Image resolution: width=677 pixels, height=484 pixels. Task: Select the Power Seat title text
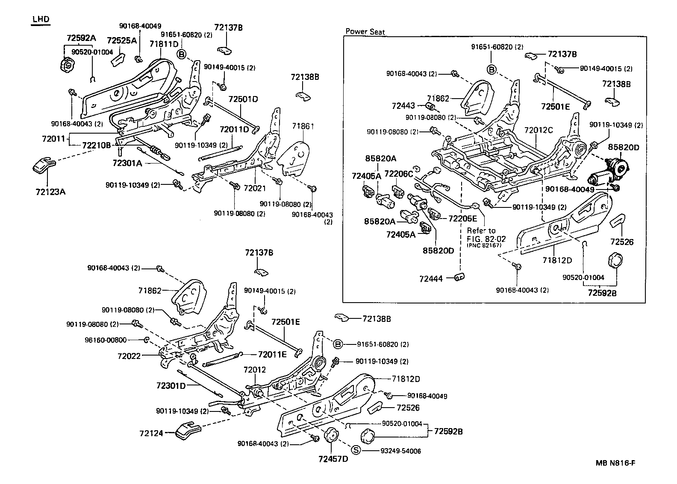[x=365, y=32]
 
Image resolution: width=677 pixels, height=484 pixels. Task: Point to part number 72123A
[x=50, y=192]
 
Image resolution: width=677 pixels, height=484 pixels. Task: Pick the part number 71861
[x=303, y=126]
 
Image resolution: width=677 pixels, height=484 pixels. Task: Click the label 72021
[x=255, y=188]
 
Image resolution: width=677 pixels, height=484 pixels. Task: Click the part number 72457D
[x=333, y=459]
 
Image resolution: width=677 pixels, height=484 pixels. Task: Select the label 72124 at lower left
[x=151, y=434]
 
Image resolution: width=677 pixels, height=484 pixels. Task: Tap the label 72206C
[x=399, y=174]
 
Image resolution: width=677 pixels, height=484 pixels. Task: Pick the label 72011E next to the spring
[x=272, y=354]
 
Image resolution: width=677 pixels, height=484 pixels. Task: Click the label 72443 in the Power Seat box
[x=403, y=105]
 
